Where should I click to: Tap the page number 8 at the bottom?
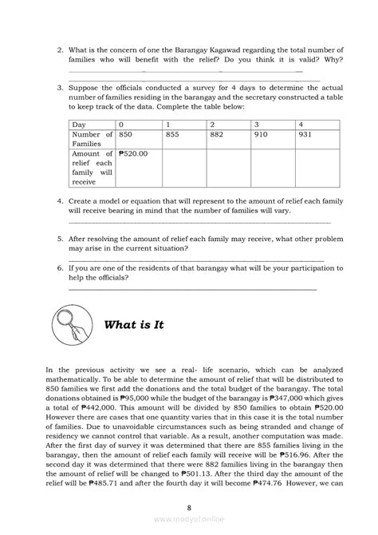tap(189, 506)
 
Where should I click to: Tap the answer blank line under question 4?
tap(199, 222)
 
